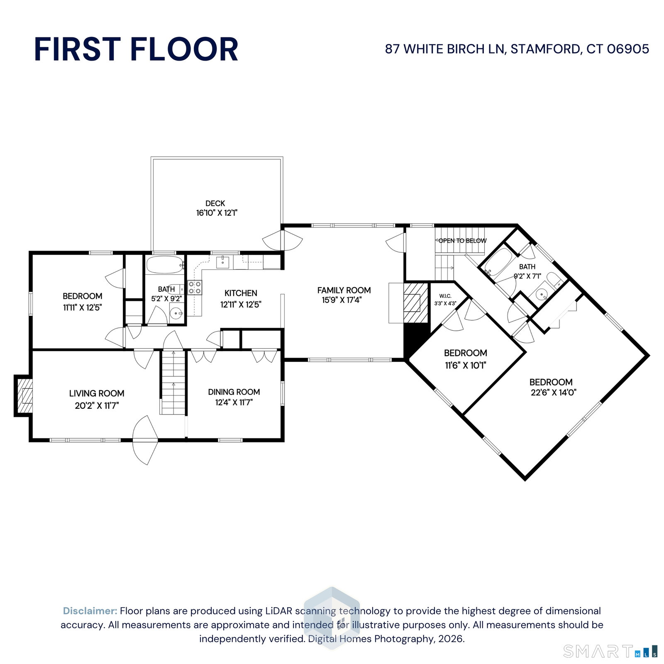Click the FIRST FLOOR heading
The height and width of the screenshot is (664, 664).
(x=136, y=49)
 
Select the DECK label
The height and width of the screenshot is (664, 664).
(x=215, y=203)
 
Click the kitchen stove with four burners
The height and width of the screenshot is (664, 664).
(x=195, y=288)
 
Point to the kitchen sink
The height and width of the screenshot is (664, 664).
(x=223, y=262)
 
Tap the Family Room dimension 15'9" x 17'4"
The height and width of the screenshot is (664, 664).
(x=342, y=300)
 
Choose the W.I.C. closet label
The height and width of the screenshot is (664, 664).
(x=445, y=296)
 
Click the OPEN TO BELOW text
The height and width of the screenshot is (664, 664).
(x=462, y=241)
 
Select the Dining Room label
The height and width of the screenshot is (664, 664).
(x=234, y=392)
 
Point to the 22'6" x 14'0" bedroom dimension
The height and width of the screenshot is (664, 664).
(x=554, y=393)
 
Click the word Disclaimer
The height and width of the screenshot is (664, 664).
(x=90, y=611)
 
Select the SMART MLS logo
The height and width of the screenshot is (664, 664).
(x=610, y=651)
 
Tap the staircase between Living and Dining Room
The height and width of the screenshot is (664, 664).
(x=173, y=382)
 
